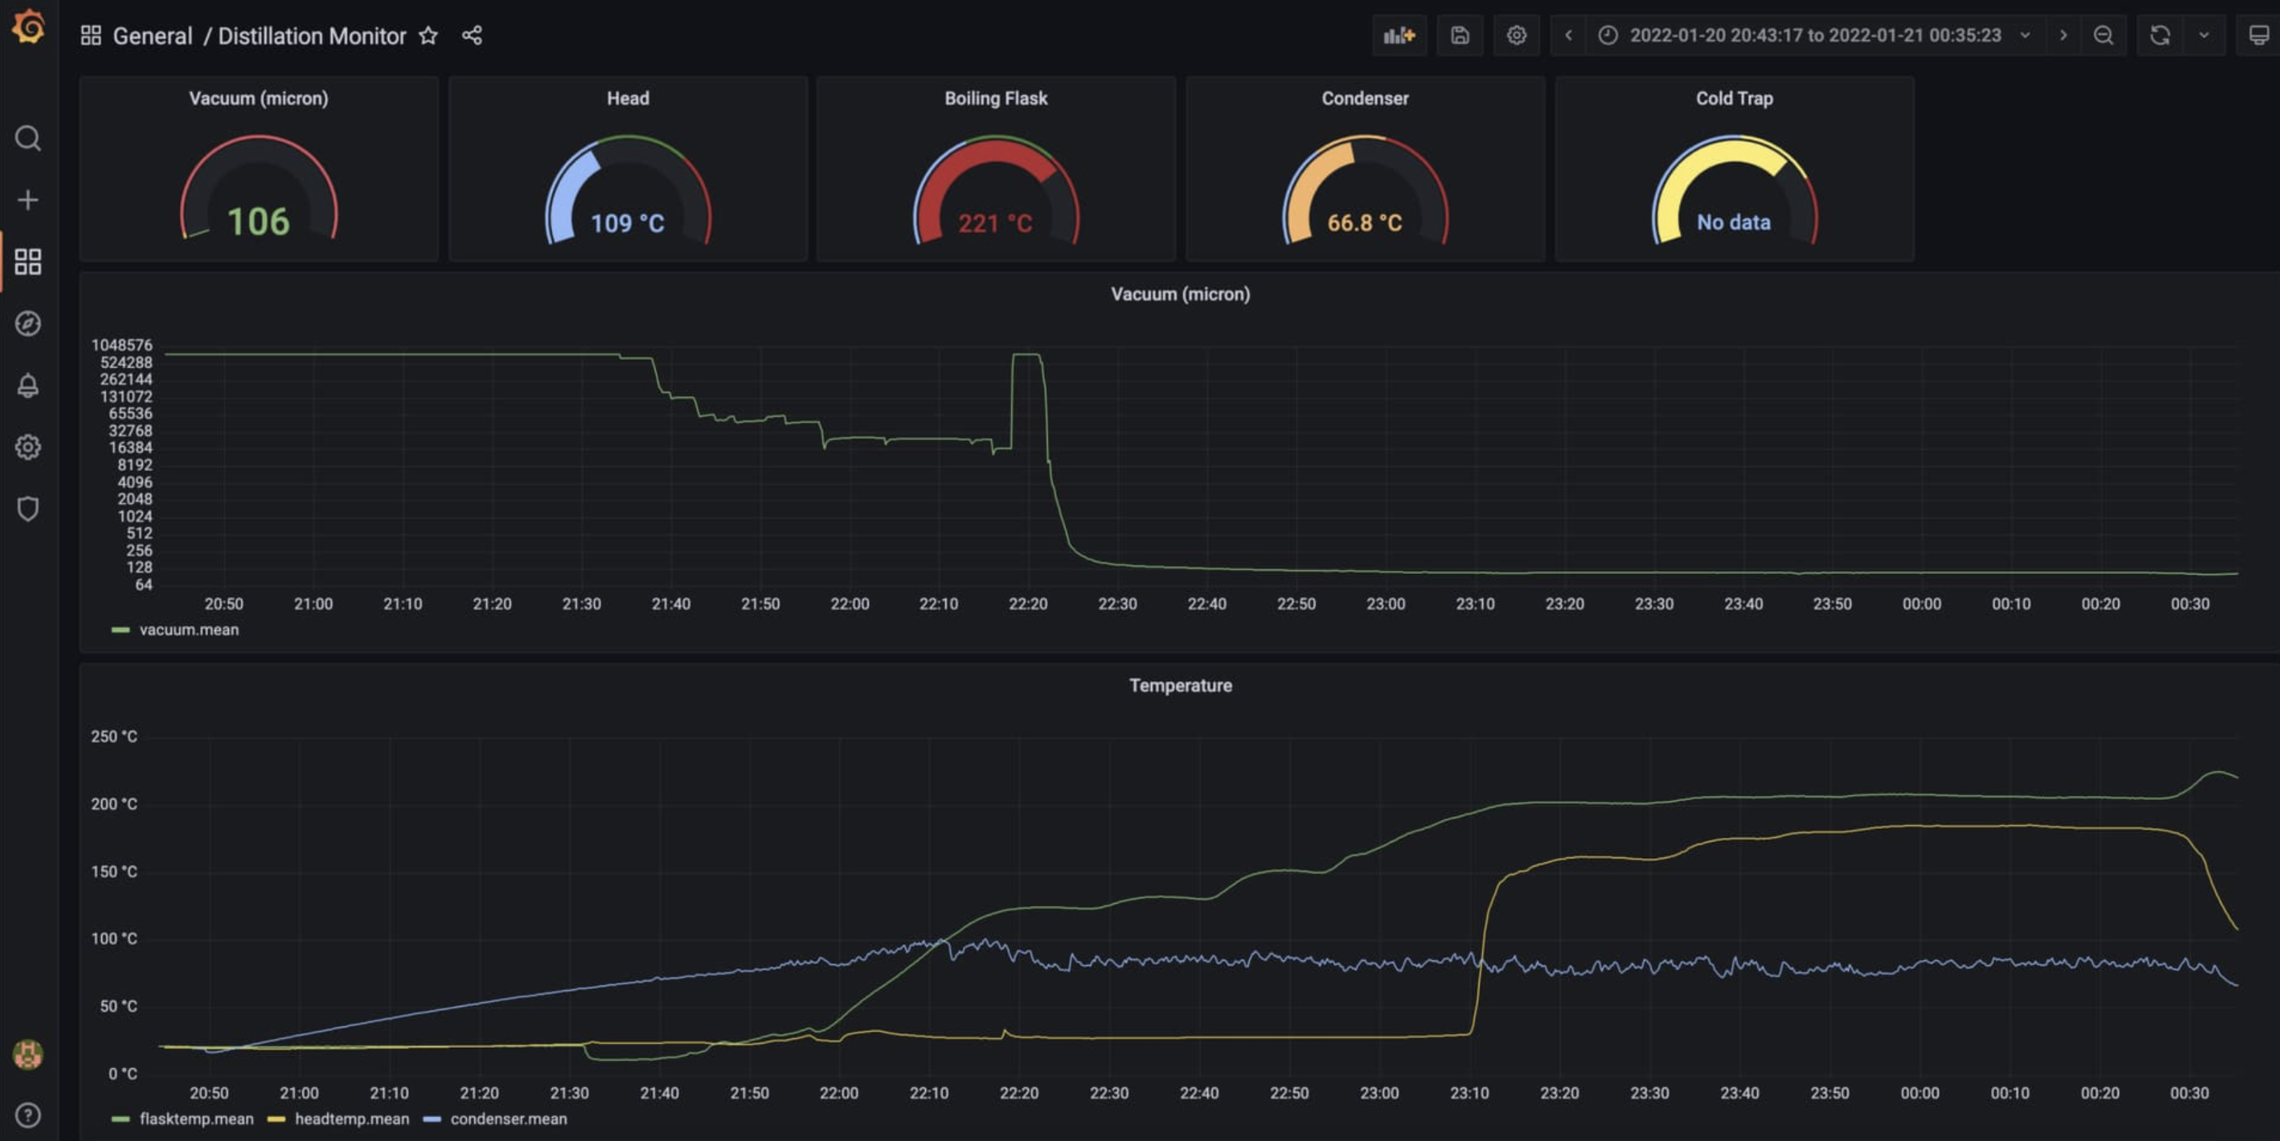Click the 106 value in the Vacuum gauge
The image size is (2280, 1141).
258,221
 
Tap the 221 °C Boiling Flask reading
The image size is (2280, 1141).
995,223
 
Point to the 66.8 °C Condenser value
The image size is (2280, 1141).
1364,222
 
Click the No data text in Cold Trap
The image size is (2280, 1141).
1733,222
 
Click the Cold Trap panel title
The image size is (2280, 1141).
1733,98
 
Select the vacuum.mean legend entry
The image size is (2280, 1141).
188,629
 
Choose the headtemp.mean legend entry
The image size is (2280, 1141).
351,1119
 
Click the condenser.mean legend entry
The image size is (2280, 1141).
508,1119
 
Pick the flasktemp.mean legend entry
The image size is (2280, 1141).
196,1119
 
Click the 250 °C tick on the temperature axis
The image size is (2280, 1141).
114,736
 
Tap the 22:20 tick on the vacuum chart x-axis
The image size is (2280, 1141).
1027,603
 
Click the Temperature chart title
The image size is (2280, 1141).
1180,685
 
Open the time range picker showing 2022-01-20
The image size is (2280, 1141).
1815,36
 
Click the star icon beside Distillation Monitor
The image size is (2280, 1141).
428,36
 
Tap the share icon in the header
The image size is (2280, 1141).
472,36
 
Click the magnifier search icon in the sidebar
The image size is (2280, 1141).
27,138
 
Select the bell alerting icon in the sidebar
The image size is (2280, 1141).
27,385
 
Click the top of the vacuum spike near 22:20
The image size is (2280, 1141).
1027,355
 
